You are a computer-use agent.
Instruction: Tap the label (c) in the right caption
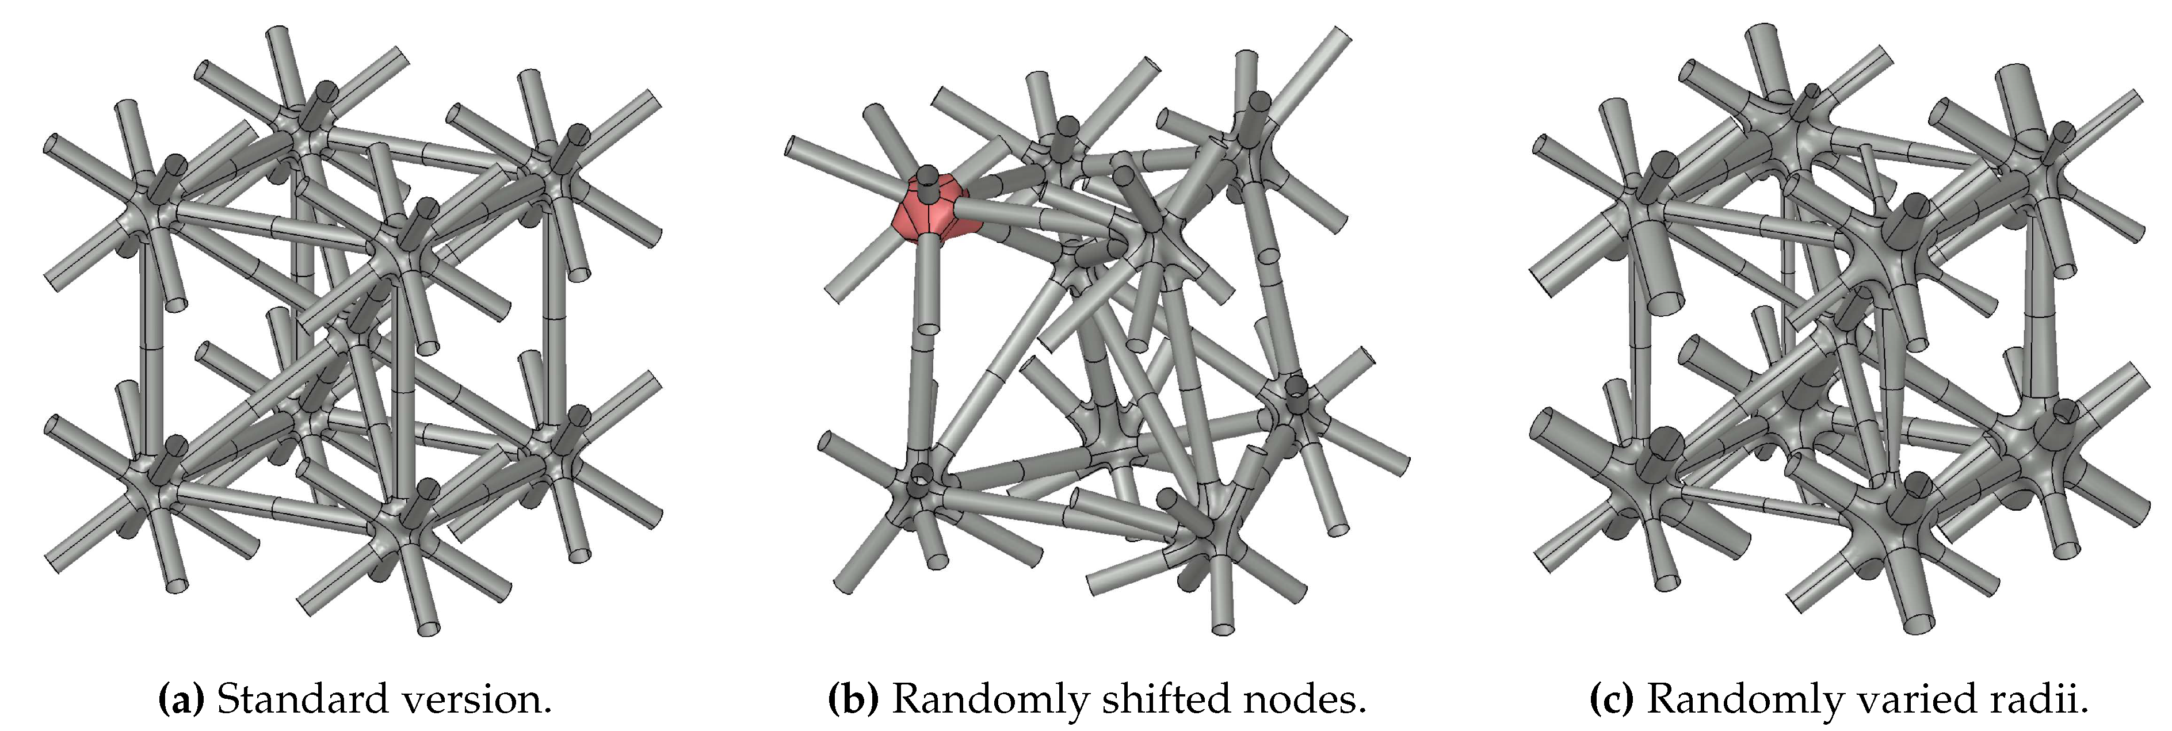[x=1612, y=699]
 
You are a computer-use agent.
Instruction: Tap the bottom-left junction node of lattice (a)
[x=152, y=481]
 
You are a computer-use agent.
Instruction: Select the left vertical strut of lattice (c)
[x=1641, y=362]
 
